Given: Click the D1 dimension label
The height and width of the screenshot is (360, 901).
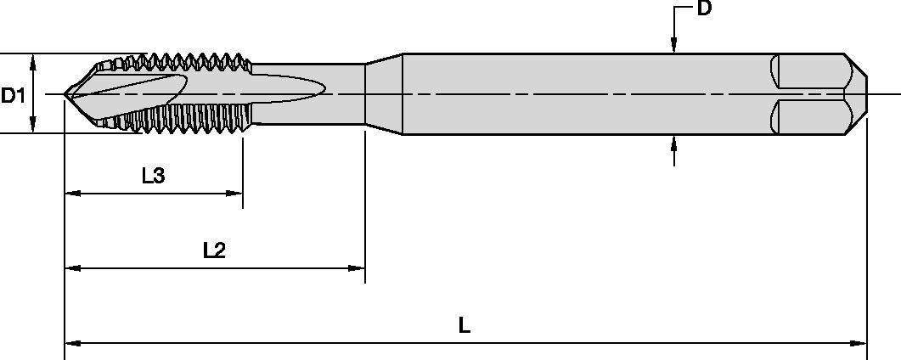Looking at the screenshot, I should tap(12, 95).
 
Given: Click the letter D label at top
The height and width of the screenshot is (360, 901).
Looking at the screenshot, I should tap(703, 10).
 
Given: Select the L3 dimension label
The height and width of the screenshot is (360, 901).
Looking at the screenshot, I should tap(153, 176).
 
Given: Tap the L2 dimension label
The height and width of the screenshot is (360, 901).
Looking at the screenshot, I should tap(214, 250).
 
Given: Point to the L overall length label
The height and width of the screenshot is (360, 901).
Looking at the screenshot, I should tap(465, 325).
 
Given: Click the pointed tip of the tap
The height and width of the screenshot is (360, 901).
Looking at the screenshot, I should tap(65, 93).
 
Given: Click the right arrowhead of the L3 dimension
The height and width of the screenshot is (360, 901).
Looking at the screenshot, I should tap(237, 194).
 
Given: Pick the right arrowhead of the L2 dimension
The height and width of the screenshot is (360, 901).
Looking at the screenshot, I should tap(358, 268).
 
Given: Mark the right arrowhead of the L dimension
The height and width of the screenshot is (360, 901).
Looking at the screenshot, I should tap(860, 344).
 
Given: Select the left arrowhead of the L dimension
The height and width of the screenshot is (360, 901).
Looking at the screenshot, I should tap(71, 344).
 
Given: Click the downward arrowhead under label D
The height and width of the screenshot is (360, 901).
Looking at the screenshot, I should tap(673, 48).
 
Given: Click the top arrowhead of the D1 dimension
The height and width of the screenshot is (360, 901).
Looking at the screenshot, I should tap(32, 60).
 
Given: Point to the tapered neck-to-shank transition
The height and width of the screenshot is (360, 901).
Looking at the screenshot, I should tap(383, 93).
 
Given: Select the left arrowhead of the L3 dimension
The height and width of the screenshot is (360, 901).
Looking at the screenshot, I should tap(72, 194).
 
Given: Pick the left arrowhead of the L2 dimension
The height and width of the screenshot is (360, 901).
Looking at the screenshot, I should tap(72, 268).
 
